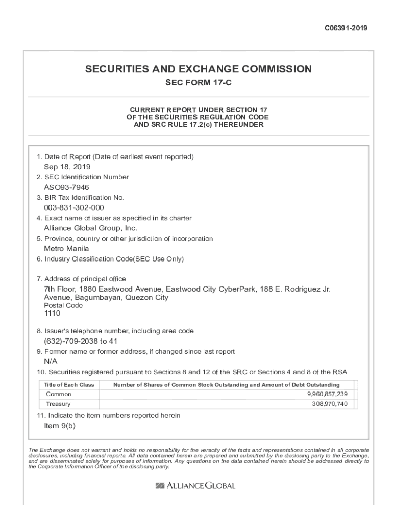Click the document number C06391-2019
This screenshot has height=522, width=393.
click(x=346, y=28)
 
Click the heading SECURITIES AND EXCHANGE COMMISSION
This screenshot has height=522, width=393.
click(x=198, y=69)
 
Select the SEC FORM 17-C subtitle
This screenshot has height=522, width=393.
click(x=198, y=83)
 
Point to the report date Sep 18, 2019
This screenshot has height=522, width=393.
click(x=67, y=167)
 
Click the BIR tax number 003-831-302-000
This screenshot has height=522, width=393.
click(x=74, y=207)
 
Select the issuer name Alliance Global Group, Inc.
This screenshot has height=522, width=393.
click(x=90, y=228)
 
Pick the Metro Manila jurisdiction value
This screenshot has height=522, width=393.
click(x=66, y=249)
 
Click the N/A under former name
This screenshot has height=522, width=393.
click(x=51, y=361)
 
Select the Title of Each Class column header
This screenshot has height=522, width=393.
click(x=69, y=385)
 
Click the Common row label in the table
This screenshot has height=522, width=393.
click(x=59, y=394)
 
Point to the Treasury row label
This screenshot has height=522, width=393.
click(x=59, y=404)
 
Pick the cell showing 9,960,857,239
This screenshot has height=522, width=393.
click(x=327, y=394)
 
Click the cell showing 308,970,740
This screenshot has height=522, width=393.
click(x=330, y=404)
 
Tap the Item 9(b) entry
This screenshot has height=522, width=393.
click(x=60, y=426)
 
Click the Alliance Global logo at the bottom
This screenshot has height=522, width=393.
click(x=195, y=486)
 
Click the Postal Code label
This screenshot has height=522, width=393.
click(x=63, y=305)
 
